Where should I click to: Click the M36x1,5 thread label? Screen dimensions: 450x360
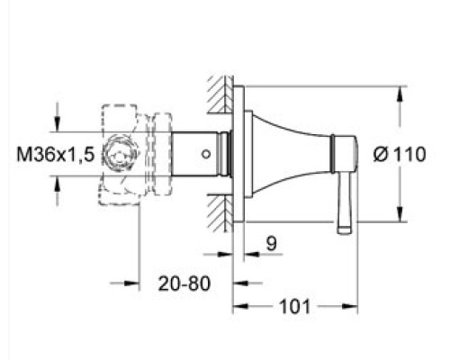point(56,155)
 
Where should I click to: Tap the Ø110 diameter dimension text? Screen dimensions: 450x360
point(400,155)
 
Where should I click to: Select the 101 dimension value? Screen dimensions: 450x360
point(294,307)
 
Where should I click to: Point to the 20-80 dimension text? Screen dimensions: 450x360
point(184,283)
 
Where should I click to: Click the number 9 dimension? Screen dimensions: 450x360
point(271,243)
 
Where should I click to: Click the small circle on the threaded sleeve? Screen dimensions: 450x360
point(206,154)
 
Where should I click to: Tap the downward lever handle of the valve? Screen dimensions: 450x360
point(344,203)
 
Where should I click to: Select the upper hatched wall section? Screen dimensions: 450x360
point(220,94)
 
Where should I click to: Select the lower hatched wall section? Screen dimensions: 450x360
point(220,213)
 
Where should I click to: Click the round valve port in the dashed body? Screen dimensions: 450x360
point(119,154)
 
